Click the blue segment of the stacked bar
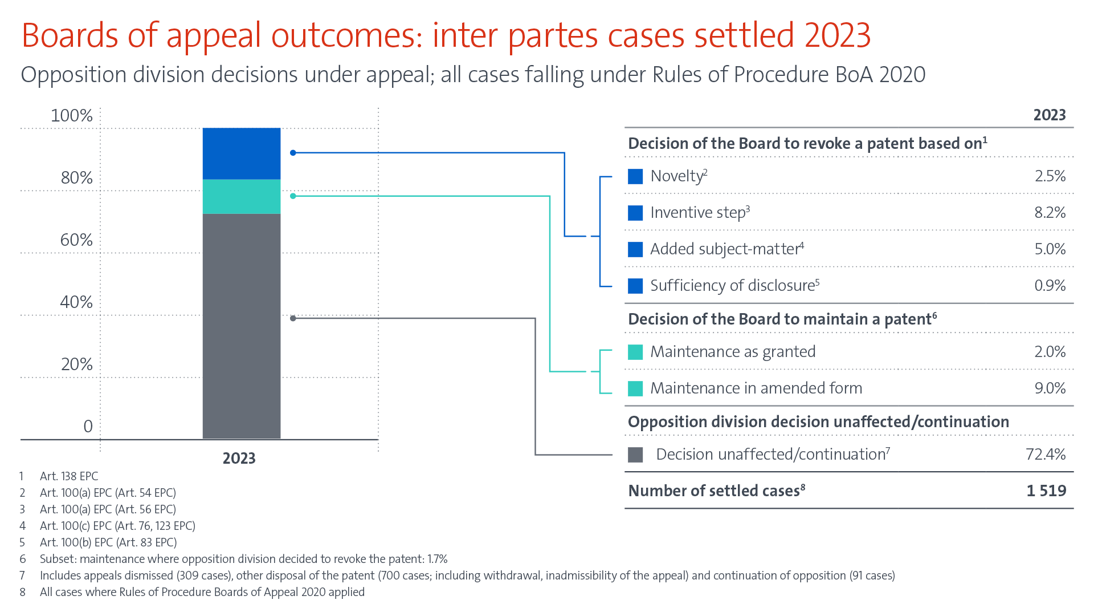[242, 153]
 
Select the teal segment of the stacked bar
[242, 196]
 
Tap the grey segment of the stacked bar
[242, 326]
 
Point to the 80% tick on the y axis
[76, 177]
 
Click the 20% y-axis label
[76, 364]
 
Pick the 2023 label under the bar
[239, 458]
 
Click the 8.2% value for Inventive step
[1050, 212]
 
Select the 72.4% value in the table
[1045, 454]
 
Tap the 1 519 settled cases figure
[1046, 491]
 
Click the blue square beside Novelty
[635, 176]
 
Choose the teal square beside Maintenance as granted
[635, 352]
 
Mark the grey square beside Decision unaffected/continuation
[635, 455]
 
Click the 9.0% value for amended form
[1050, 388]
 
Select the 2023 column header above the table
[1049, 115]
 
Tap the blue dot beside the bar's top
[293, 153]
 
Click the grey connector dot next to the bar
[293, 318]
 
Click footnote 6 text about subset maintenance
[243, 559]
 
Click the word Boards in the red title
[70, 35]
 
